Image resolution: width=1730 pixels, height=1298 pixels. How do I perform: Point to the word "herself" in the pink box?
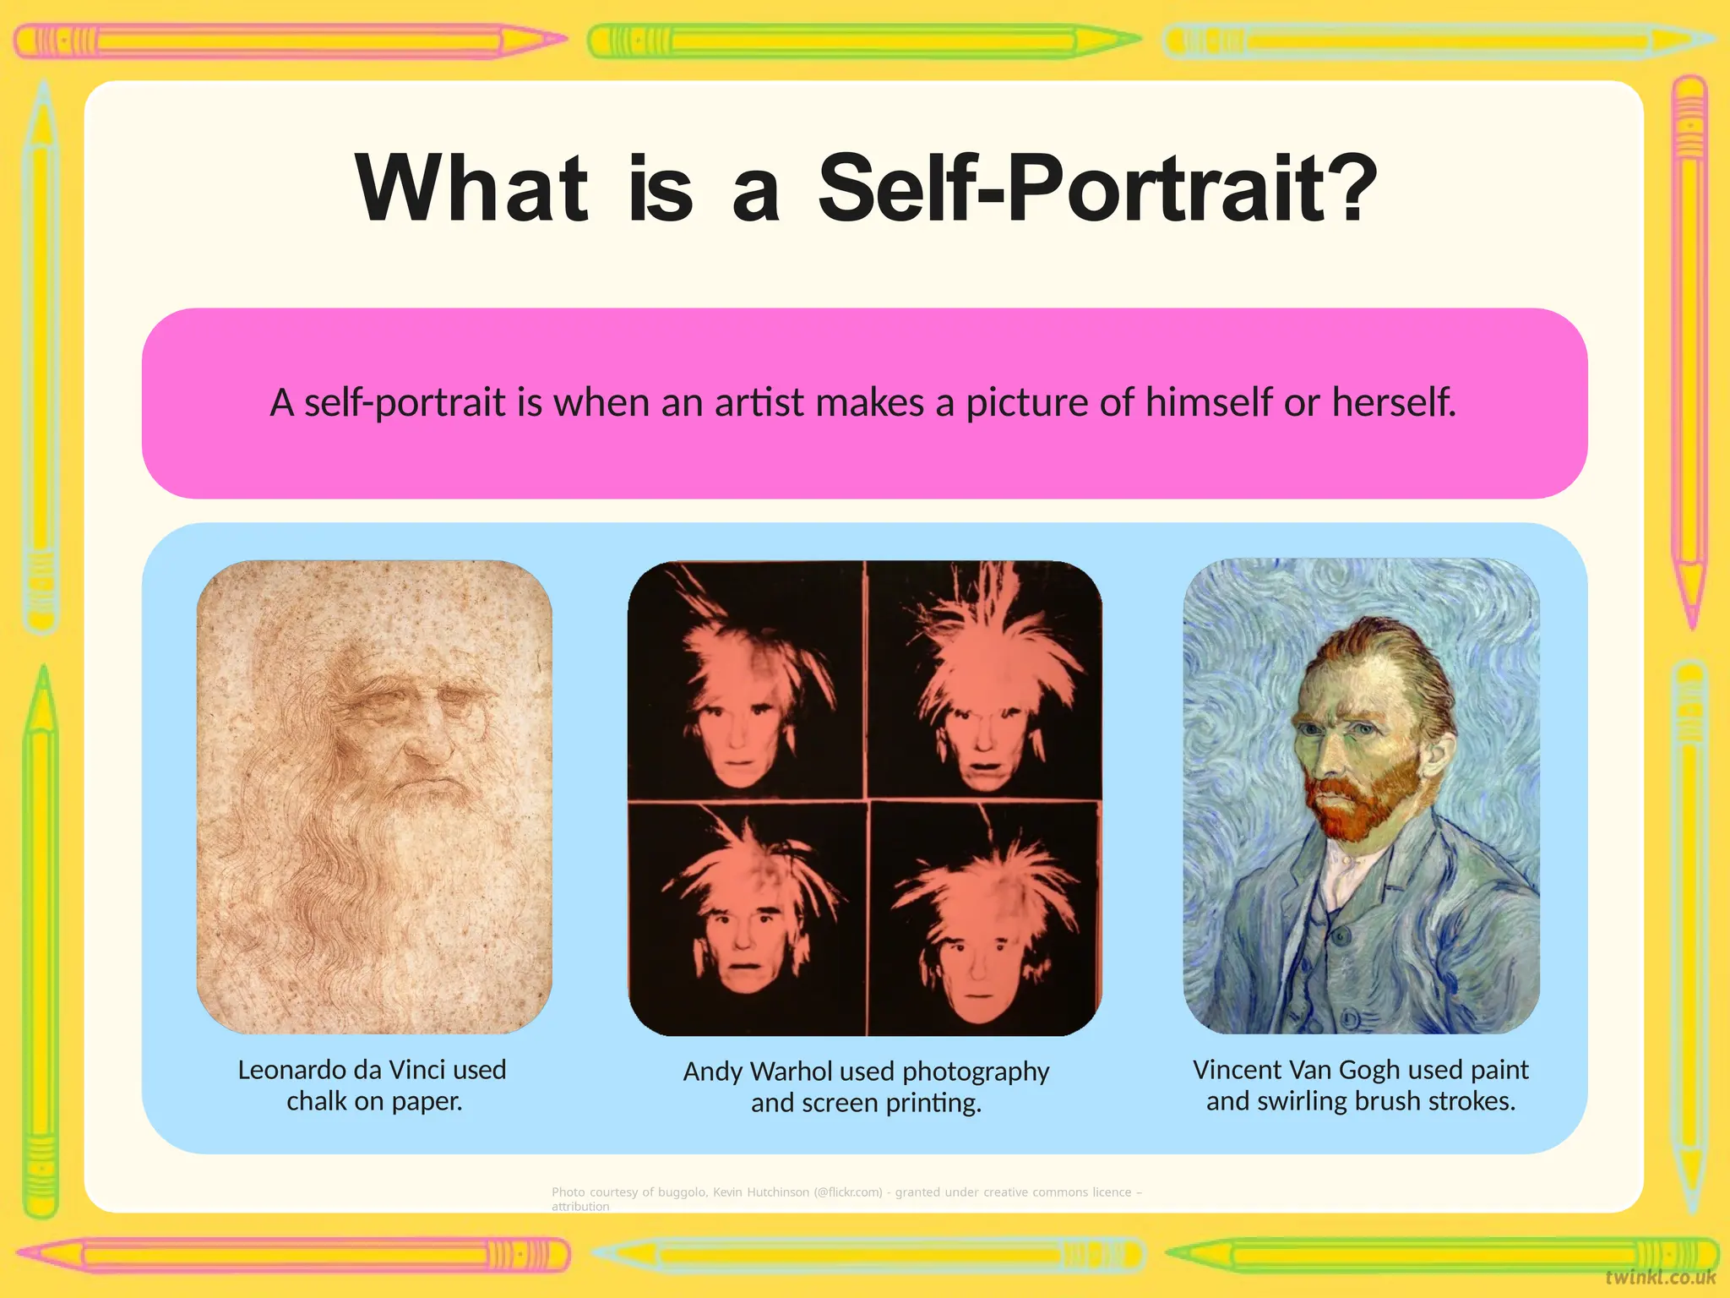pyautogui.click(x=1393, y=402)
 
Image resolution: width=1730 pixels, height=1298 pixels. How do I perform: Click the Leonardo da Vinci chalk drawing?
pyautogui.click(x=374, y=796)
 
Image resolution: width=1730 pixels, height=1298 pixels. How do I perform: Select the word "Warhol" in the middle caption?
pyautogui.click(x=792, y=1072)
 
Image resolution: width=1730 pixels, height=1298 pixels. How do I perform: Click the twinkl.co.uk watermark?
pyautogui.click(x=1660, y=1277)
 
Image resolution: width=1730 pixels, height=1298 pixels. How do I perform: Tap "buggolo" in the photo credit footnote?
pyautogui.click(x=681, y=1192)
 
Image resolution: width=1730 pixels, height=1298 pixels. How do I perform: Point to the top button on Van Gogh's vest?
pyautogui.click(x=1339, y=936)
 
